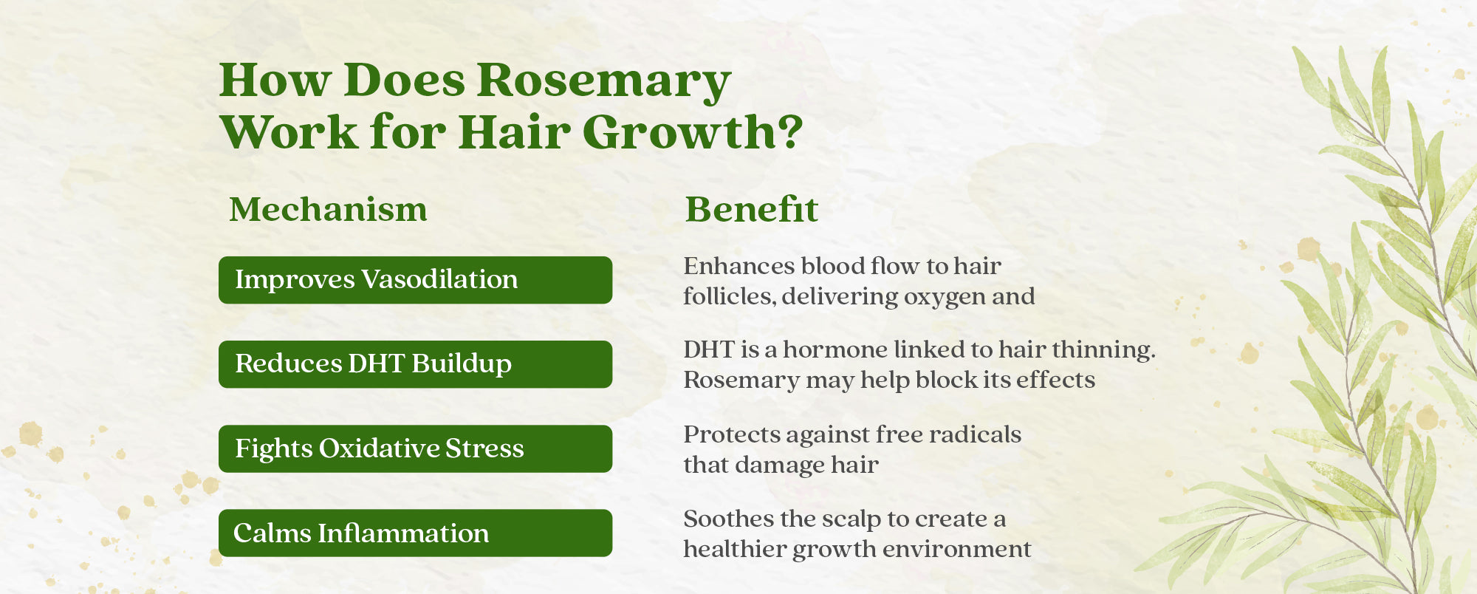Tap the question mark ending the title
pyautogui.click(x=789, y=132)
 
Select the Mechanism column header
pyautogui.click(x=328, y=209)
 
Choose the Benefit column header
pyautogui.click(x=752, y=209)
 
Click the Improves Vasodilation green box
pyautogui.click(x=415, y=280)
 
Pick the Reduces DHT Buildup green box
pyautogui.click(x=415, y=364)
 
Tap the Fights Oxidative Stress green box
pyautogui.click(x=415, y=448)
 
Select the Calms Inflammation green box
pyautogui.click(x=415, y=533)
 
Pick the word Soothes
pyautogui.click(x=728, y=519)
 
